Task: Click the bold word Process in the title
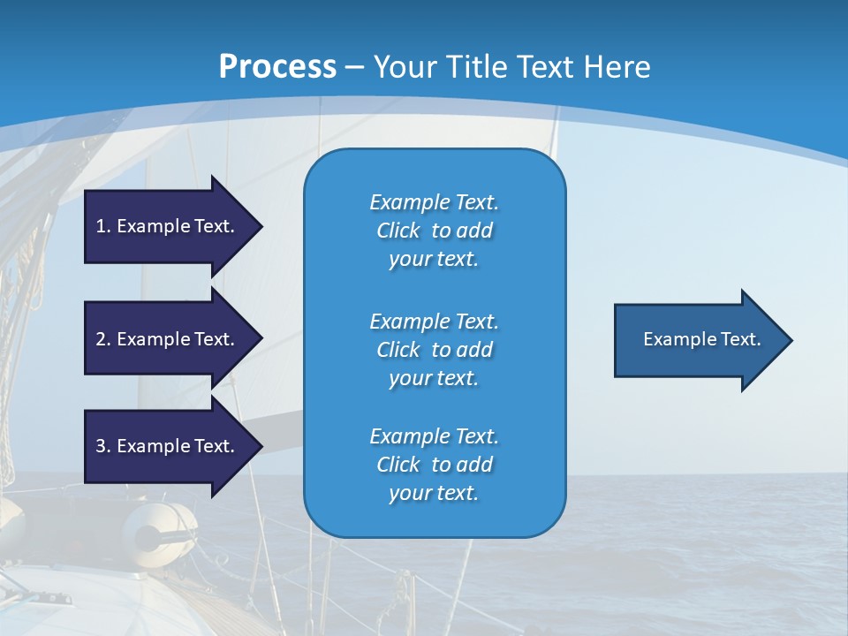pyautogui.click(x=277, y=67)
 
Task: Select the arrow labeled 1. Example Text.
pyautogui.click(x=168, y=226)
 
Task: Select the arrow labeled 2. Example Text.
pyautogui.click(x=168, y=339)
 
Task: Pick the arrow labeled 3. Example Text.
pyautogui.click(x=168, y=446)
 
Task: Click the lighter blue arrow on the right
pyautogui.click(x=698, y=340)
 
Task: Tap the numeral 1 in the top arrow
pyautogui.click(x=101, y=226)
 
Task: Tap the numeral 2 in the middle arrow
pyautogui.click(x=101, y=339)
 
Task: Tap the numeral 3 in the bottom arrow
pyautogui.click(x=101, y=446)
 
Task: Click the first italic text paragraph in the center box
pyautogui.click(x=434, y=231)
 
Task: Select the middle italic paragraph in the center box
pyautogui.click(x=434, y=349)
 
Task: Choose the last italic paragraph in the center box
pyautogui.click(x=434, y=465)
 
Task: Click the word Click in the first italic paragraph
pyautogui.click(x=397, y=231)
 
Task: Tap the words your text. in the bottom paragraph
pyautogui.click(x=434, y=493)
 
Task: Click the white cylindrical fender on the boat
pyautogui.click(x=159, y=527)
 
